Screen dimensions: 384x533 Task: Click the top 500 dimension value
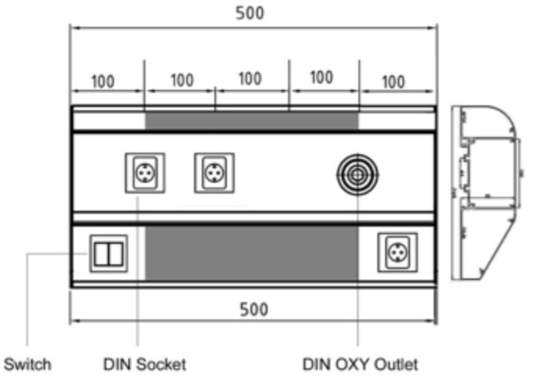click(253, 13)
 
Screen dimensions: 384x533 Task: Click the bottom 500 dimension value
click(253, 309)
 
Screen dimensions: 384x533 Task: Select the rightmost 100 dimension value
click(394, 82)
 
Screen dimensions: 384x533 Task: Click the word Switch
click(28, 364)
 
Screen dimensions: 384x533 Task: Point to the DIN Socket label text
click(145, 364)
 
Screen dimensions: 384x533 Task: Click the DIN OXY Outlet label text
click(360, 364)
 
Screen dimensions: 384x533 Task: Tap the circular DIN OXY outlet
click(358, 174)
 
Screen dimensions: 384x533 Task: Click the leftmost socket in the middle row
click(144, 174)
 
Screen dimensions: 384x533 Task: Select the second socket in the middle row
click(215, 174)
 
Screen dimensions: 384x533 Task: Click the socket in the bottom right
click(397, 252)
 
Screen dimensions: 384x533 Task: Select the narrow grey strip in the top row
click(252, 120)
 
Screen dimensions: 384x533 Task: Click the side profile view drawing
click(486, 192)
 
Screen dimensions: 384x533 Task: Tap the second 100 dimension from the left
click(182, 80)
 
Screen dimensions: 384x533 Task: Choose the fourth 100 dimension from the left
click(321, 79)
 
